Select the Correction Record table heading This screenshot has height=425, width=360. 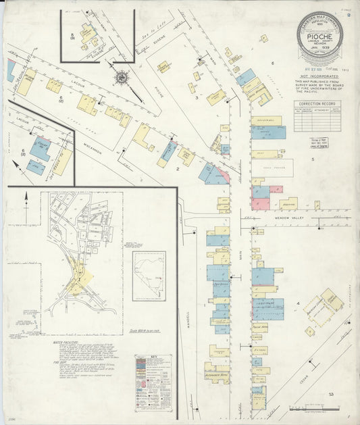coord(316,103)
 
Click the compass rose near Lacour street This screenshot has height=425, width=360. coord(122,78)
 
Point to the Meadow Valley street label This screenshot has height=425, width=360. coord(291,218)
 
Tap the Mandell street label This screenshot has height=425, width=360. coord(188,318)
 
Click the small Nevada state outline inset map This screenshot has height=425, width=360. coord(148,276)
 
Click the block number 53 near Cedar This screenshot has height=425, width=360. coord(331,393)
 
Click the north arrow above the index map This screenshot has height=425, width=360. coord(28,198)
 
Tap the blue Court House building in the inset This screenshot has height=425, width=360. coord(41,149)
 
